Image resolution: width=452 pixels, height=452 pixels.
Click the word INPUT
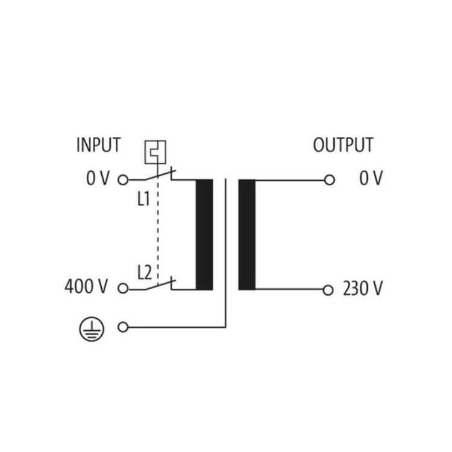(x=98, y=145)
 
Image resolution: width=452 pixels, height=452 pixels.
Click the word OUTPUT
(x=343, y=145)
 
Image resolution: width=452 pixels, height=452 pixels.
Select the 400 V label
(x=87, y=287)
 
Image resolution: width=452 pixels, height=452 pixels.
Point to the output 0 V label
(x=371, y=179)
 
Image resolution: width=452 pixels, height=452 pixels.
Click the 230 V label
(x=362, y=290)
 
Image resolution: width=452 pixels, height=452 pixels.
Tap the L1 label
(x=143, y=199)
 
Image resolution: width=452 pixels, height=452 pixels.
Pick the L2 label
(x=144, y=273)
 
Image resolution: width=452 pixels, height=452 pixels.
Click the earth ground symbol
(x=92, y=328)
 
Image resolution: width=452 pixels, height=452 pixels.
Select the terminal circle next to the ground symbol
(x=123, y=327)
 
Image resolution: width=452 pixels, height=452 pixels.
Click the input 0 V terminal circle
(x=123, y=180)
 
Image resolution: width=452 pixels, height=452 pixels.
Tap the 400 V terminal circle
(x=123, y=289)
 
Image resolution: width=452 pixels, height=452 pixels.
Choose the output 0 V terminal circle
(x=329, y=180)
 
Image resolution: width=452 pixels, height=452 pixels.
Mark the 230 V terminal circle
(x=328, y=290)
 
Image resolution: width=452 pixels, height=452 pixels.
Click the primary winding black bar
(x=204, y=234)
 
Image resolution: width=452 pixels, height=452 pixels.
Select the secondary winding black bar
(x=246, y=234)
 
